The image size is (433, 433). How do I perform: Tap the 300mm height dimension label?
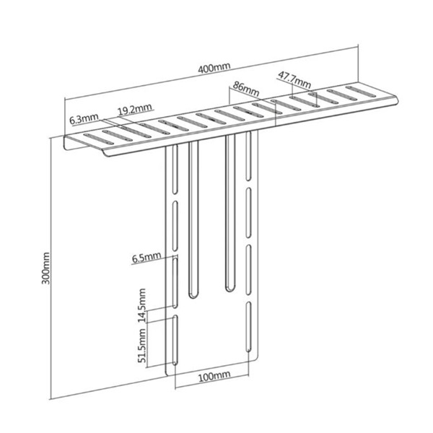(x=46, y=269)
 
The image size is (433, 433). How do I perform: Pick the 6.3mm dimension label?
(x=84, y=118)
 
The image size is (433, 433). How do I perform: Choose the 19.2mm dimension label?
(x=135, y=109)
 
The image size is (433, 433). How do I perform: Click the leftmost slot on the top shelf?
(x=92, y=139)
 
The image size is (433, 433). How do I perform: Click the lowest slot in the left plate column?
(x=175, y=340)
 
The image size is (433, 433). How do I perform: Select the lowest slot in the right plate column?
(x=249, y=328)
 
